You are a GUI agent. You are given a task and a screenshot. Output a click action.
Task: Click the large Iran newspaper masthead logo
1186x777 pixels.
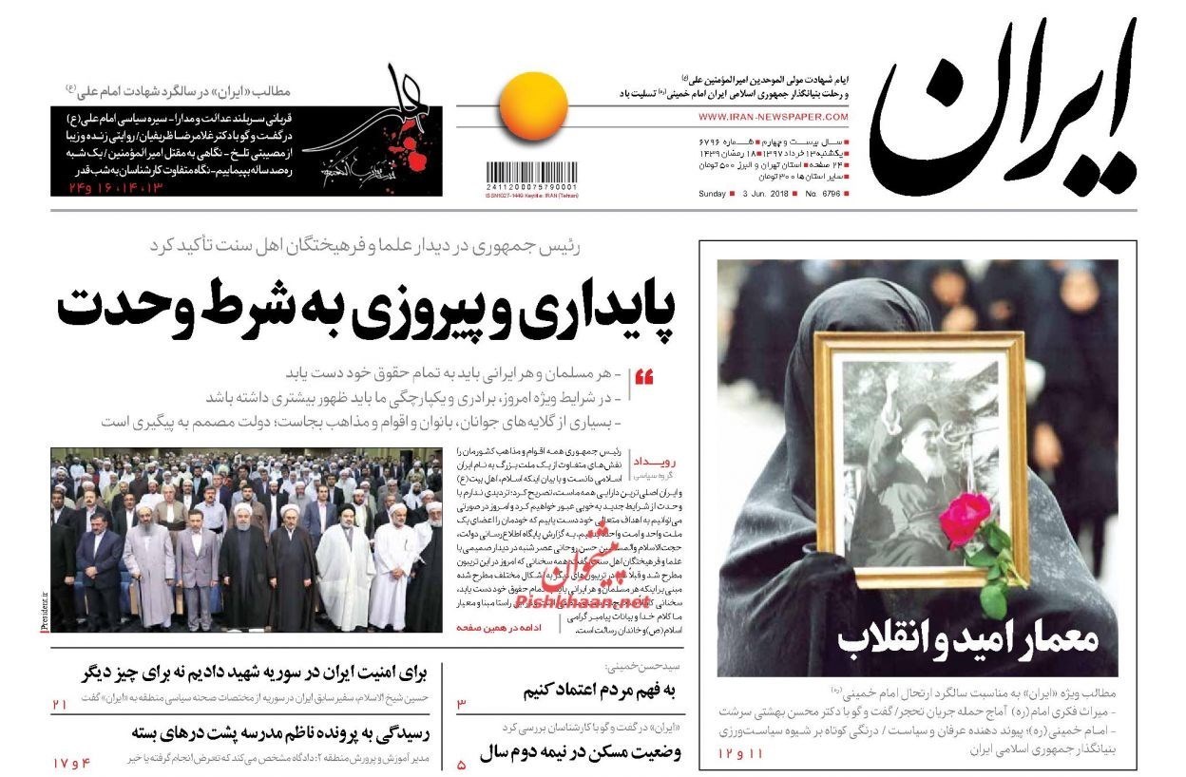coord(1003,109)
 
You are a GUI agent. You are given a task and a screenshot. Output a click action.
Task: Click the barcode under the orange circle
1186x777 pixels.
coord(532,175)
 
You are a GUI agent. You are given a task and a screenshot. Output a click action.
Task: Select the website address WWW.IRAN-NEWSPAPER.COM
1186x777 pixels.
coord(773,117)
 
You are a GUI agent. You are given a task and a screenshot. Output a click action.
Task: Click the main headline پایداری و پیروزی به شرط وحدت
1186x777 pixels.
coord(366,309)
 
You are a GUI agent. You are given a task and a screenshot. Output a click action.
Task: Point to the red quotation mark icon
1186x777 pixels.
coord(643,377)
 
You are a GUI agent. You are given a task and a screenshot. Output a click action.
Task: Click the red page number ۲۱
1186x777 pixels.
coord(60,704)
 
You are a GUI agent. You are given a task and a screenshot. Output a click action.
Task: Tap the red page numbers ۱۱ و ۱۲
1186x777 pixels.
coord(740,752)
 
